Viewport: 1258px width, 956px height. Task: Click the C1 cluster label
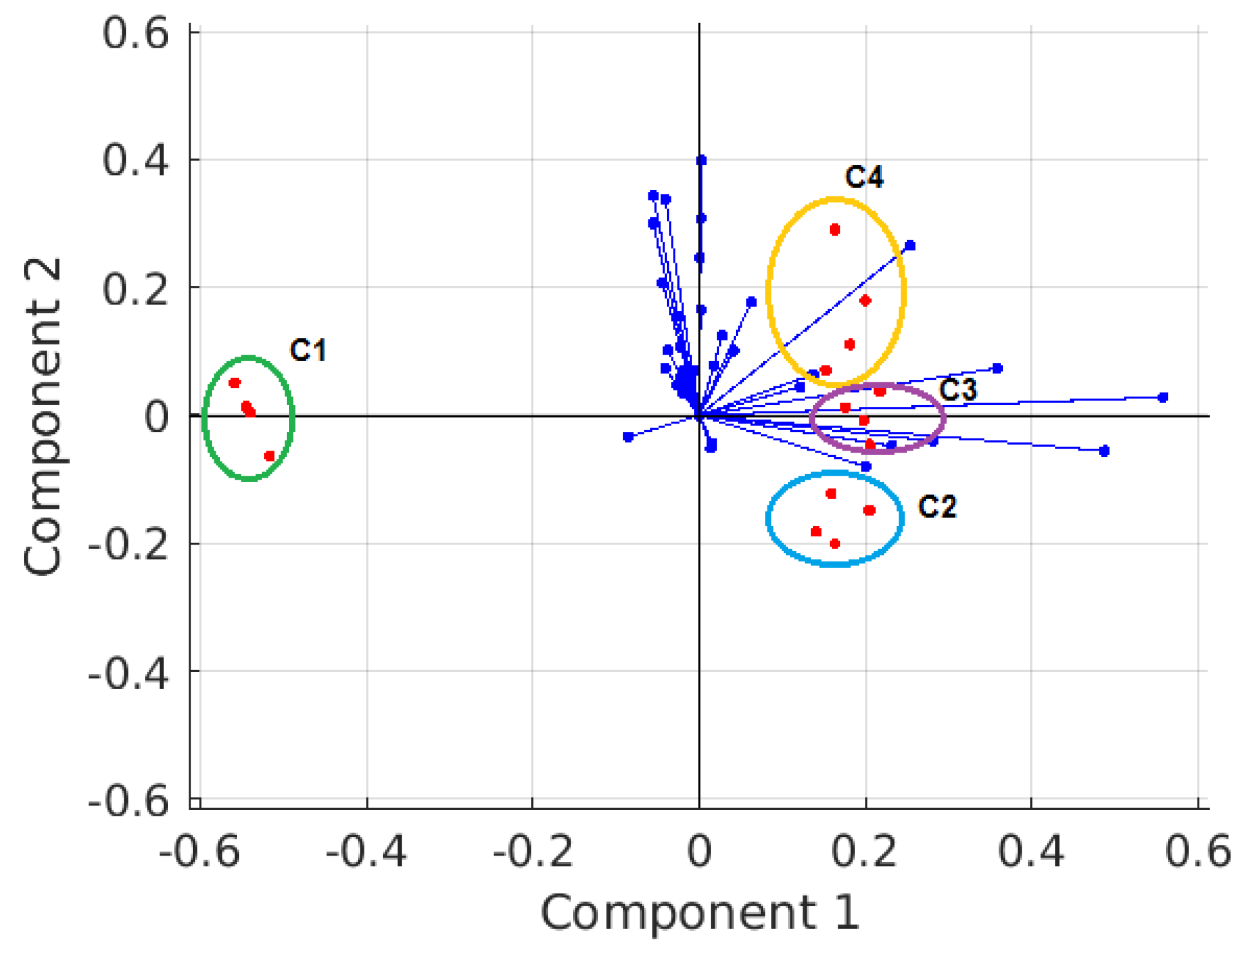(x=308, y=350)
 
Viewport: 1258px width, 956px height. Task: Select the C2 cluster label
(x=937, y=507)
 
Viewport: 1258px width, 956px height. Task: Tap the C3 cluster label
(x=958, y=389)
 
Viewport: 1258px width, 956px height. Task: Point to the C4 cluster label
(x=864, y=176)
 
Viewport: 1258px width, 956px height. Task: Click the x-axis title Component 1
(x=700, y=912)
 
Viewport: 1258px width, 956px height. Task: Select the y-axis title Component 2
(x=42, y=416)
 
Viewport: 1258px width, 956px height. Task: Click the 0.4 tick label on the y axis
(x=136, y=160)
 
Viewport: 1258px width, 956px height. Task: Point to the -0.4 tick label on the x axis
(x=366, y=851)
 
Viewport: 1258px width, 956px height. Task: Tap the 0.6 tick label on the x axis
(x=1197, y=851)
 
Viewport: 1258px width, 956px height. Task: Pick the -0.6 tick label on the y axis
(x=128, y=801)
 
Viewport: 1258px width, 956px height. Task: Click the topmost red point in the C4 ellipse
(x=835, y=230)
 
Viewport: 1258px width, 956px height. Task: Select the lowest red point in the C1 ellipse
(x=270, y=456)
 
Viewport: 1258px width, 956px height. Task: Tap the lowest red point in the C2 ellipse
(x=835, y=543)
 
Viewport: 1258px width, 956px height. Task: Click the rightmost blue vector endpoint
(x=1163, y=398)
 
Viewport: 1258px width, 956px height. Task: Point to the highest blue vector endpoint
(x=701, y=160)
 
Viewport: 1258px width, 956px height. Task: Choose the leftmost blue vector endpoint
(x=628, y=437)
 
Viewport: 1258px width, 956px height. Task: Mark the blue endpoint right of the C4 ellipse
(x=910, y=246)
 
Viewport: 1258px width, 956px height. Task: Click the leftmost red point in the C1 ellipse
(x=234, y=383)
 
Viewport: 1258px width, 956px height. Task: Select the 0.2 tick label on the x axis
(x=864, y=851)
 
